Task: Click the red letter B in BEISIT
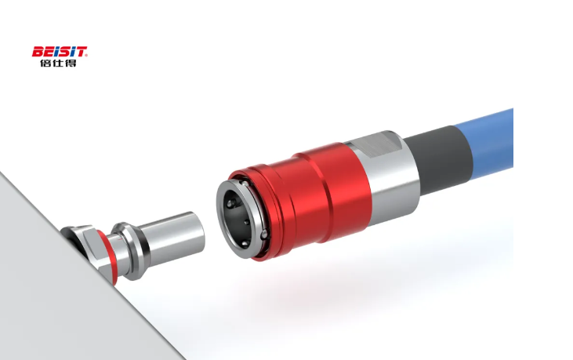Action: [38, 52]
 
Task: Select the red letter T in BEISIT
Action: [81, 52]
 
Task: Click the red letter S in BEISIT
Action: [64, 52]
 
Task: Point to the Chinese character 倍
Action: [45, 63]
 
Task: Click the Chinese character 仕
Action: [59, 63]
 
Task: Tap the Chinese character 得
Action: [71, 63]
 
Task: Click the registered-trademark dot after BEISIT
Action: [86, 56]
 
